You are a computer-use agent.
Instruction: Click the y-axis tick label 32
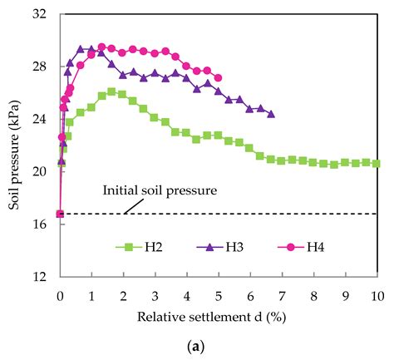pos(40,15)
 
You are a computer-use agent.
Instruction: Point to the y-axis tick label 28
pos(40,67)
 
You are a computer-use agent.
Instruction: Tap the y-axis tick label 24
pos(40,119)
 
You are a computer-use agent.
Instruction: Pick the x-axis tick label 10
pos(377,295)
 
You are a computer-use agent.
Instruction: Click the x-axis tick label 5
pos(218,295)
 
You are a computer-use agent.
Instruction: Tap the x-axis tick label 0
pos(60,295)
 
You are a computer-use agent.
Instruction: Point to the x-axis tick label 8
pos(313,295)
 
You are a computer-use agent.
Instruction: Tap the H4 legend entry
pos(315,246)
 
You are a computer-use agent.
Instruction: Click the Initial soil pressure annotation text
pos(160,190)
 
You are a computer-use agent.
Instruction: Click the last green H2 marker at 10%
pos(377,164)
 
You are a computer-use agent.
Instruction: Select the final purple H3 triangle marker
pos(271,114)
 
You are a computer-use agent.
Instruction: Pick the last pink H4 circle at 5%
pos(218,78)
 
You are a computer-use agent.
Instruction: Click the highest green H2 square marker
pos(111,91)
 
